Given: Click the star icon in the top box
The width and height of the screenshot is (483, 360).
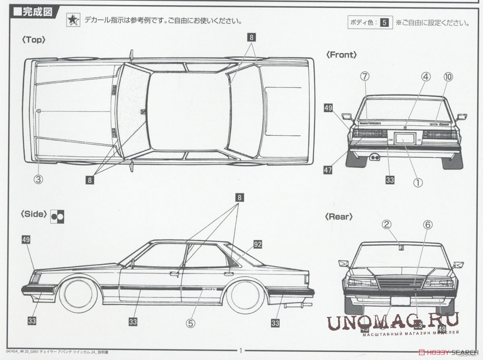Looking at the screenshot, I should (72, 20).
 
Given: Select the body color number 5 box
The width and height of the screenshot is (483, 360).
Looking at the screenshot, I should (385, 22).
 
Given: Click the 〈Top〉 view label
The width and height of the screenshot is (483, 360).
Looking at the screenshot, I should (33, 41).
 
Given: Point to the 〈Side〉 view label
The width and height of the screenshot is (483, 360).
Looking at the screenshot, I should (34, 214).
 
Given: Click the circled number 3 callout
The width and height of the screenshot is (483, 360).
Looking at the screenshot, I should (38, 179).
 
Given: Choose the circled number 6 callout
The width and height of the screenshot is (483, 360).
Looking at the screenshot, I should (427, 225).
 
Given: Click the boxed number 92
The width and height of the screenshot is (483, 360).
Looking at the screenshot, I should (258, 244).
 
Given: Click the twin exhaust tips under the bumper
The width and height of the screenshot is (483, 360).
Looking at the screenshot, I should (374, 157).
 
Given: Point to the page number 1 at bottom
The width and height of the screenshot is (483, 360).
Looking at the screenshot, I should (241, 351).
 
